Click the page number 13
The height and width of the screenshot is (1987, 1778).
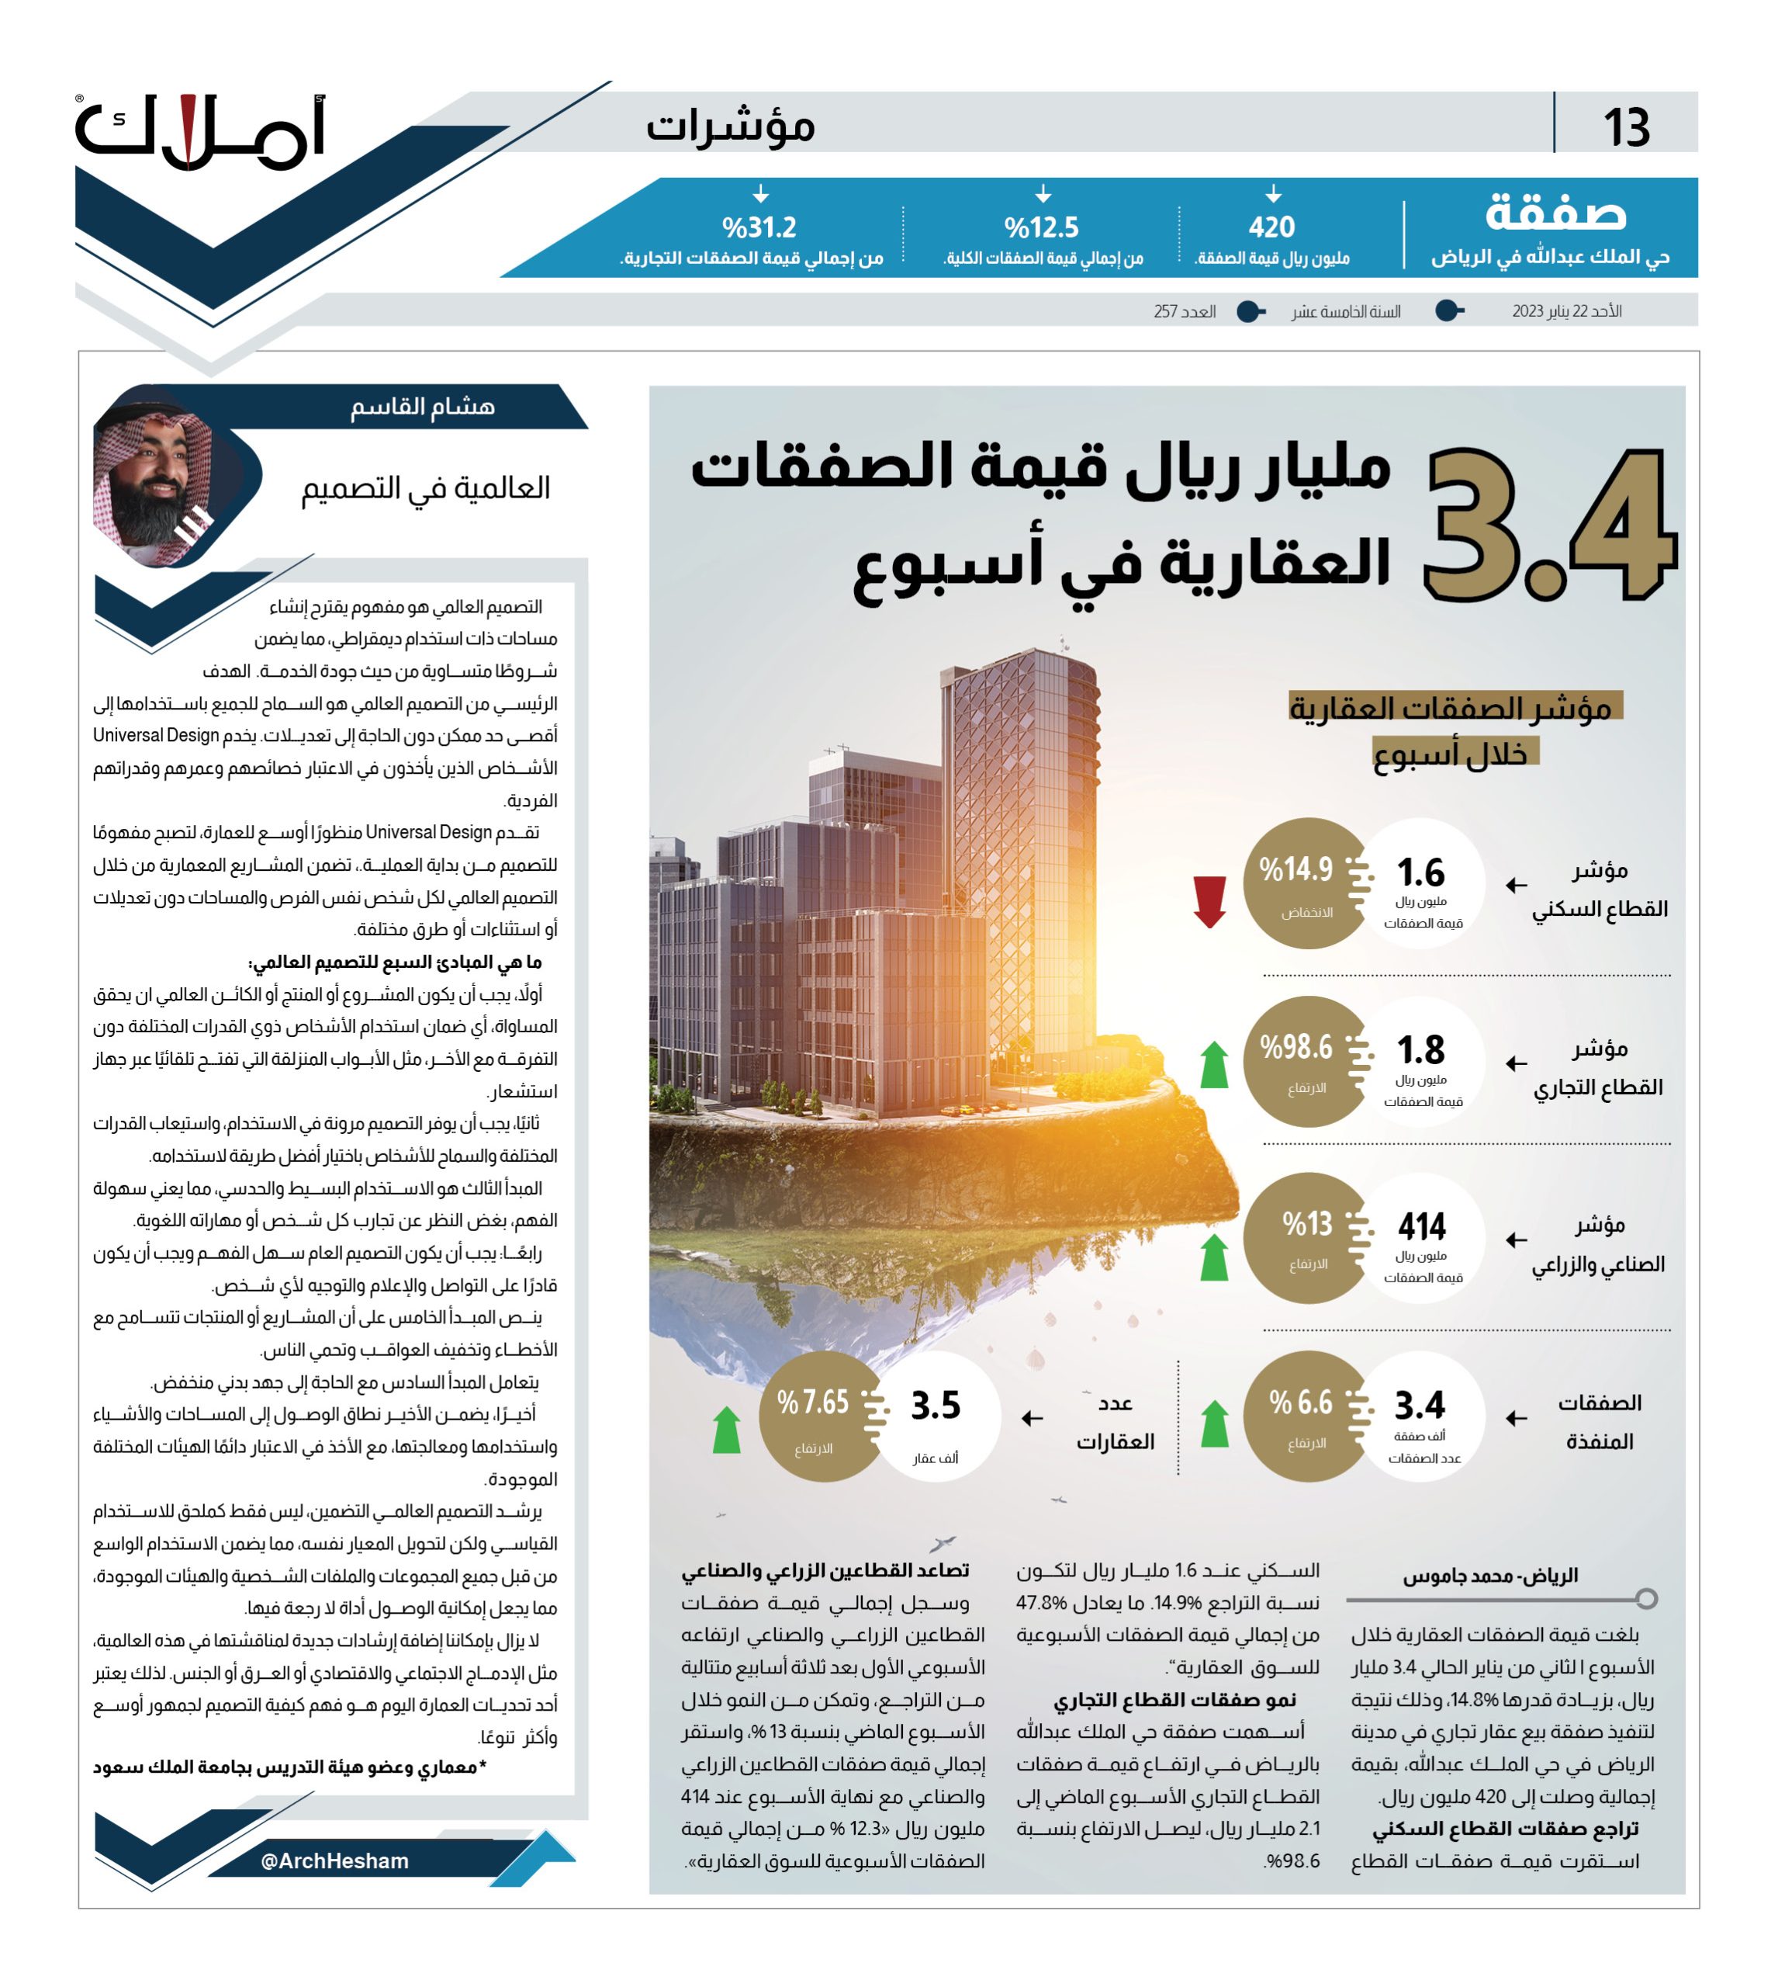tap(1626, 128)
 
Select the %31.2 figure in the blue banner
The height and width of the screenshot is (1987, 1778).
tap(759, 227)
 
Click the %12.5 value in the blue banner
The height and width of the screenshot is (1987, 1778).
tap(1041, 227)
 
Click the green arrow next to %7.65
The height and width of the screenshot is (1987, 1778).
tap(726, 1430)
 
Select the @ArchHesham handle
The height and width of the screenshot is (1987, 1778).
tap(335, 1862)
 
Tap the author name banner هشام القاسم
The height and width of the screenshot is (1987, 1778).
tap(422, 407)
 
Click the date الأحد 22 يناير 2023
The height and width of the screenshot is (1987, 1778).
tap(1566, 312)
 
